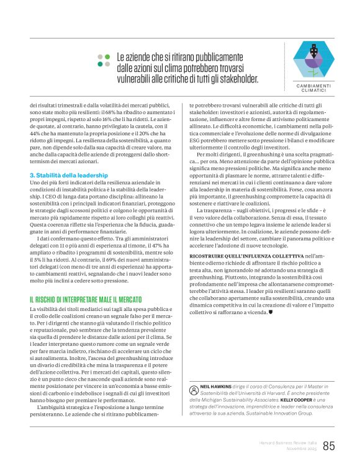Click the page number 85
(329, 446)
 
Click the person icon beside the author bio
(193, 388)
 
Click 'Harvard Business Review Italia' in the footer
(288, 442)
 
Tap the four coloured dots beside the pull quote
(102, 60)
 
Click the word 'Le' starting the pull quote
(122, 57)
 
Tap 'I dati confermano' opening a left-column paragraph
(59, 238)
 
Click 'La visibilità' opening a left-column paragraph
(47, 308)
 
